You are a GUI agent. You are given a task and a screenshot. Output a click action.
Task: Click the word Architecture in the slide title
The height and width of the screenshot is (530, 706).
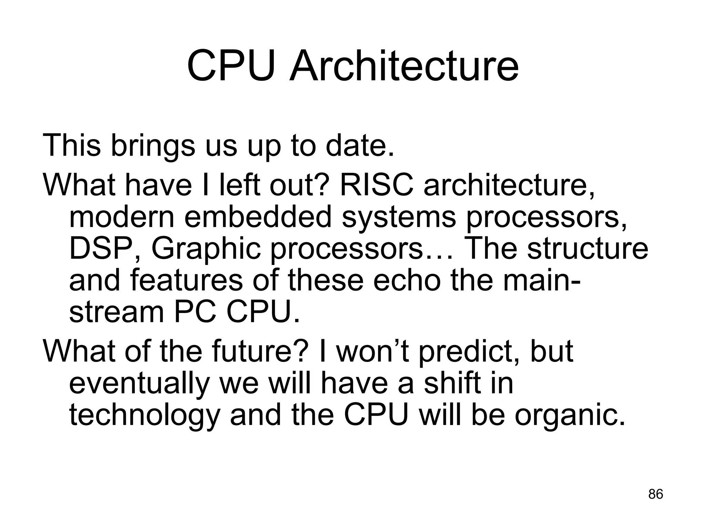coord(404,65)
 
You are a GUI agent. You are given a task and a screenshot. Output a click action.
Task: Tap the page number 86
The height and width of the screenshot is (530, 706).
coord(656,494)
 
